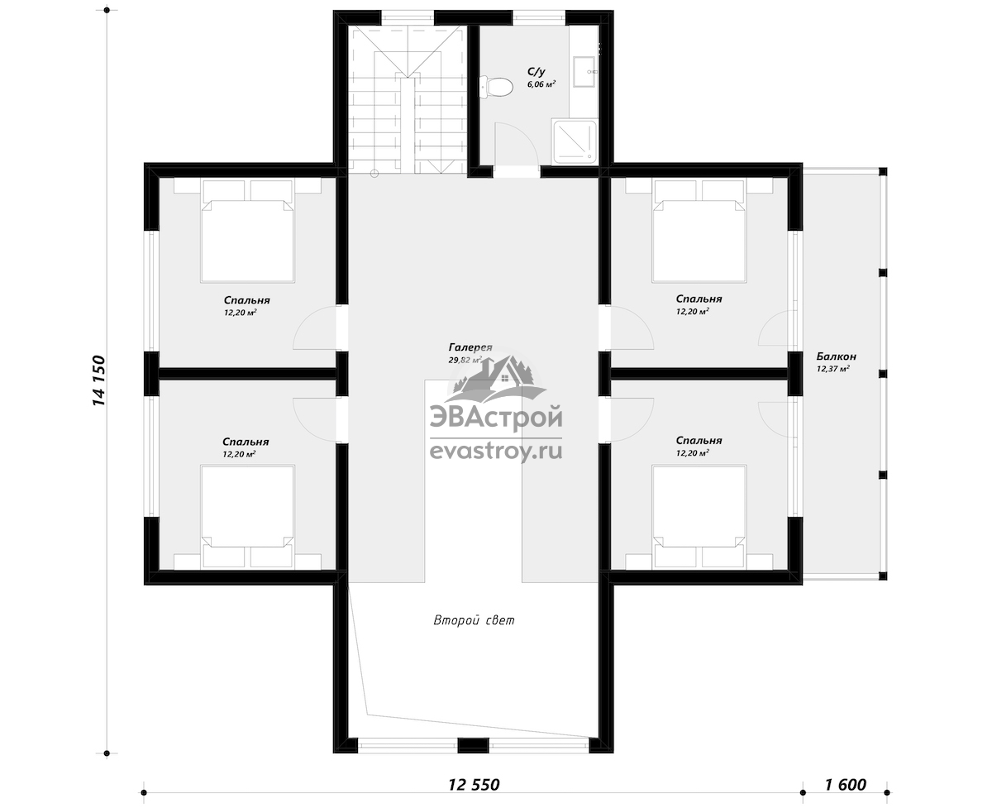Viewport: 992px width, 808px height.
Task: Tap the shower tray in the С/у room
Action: [x=574, y=142]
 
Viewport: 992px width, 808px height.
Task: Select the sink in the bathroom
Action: [x=584, y=72]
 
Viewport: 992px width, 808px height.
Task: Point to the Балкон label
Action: [x=836, y=356]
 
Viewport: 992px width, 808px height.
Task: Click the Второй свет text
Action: [x=475, y=620]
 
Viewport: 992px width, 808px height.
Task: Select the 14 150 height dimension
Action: [x=98, y=380]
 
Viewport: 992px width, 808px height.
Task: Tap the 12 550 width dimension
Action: [x=474, y=785]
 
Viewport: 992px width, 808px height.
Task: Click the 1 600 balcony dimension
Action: [x=846, y=785]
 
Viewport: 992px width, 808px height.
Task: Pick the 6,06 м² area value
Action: [x=541, y=84]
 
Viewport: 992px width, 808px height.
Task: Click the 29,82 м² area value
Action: [x=465, y=360]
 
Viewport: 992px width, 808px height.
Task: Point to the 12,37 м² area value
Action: [x=832, y=369]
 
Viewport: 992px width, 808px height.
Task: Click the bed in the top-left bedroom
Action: [x=247, y=232]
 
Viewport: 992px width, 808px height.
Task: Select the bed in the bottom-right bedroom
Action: [x=699, y=517]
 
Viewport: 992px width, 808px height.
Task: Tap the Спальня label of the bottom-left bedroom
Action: [x=246, y=442]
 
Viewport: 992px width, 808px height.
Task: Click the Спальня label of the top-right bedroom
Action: [x=699, y=299]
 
